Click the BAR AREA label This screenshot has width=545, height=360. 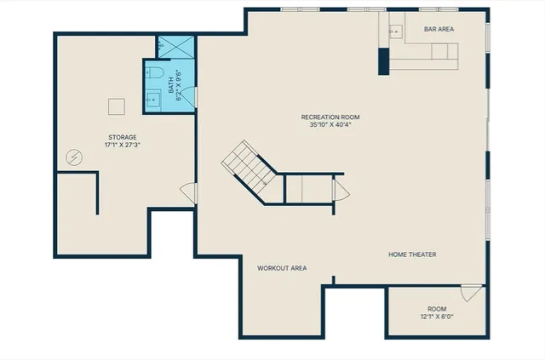[439, 29]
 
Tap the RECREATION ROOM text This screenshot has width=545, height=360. [330, 116]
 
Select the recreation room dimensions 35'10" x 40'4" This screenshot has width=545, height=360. [330, 124]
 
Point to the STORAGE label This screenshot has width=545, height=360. [122, 137]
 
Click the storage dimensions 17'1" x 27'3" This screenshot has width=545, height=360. [122, 146]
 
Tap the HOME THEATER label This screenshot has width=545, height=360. [412, 254]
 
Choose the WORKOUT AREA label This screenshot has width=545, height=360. [282, 268]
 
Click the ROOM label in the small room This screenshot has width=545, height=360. [436, 308]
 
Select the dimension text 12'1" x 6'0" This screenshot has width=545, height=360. [436, 317]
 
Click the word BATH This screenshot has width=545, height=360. [171, 85]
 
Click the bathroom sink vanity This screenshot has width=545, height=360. [152, 98]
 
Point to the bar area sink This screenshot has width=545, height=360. [395, 31]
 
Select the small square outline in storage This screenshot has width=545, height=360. [117, 106]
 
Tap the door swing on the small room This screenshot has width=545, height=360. [468, 293]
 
